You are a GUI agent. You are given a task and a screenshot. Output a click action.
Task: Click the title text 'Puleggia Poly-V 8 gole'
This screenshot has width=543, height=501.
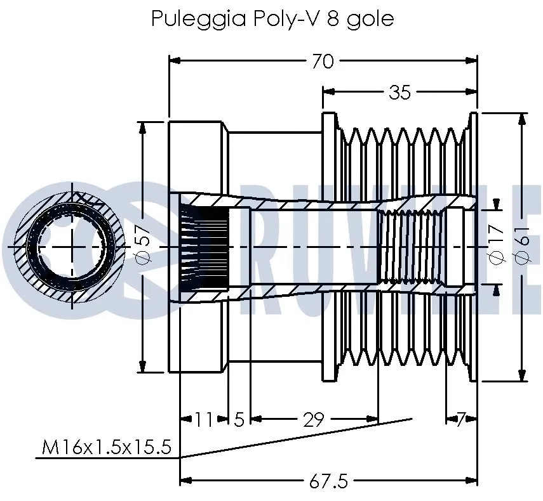(x=272, y=18)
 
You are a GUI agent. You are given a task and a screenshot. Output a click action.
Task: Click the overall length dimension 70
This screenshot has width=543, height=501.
(x=323, y=61)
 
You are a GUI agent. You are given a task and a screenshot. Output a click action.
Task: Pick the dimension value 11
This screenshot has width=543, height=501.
(x=203, y=419)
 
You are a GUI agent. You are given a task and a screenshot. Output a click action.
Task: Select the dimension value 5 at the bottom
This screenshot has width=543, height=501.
(x=239, y=419)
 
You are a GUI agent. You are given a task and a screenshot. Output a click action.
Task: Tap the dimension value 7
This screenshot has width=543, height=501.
(x=462, y=419)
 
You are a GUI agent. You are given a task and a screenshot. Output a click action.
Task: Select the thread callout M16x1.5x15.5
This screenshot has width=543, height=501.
(x=106, y=448)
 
